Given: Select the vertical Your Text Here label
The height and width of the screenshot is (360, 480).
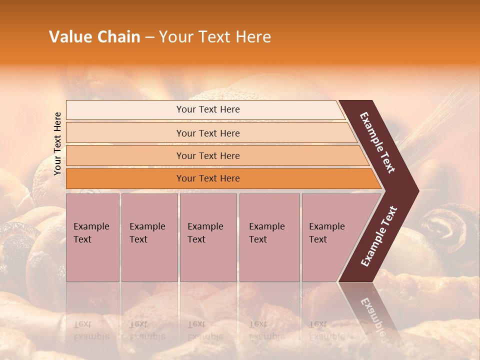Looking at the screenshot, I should pos(57,143).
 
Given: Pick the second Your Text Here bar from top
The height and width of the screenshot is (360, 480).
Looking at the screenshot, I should pos(208,133).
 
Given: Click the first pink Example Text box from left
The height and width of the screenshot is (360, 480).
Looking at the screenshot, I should pos(92,237).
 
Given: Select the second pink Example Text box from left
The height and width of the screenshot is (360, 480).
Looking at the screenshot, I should pos(149,237).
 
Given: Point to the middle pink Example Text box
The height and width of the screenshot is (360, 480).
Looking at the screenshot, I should pos(208,237).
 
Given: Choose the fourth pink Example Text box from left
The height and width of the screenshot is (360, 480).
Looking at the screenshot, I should pos(269,237).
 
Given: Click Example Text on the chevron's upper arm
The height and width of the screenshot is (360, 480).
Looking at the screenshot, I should pos(377,142).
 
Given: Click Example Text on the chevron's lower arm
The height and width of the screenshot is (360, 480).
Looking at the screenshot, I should pos(379,236).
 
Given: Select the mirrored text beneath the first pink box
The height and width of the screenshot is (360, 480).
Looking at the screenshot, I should pos(91,330).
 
